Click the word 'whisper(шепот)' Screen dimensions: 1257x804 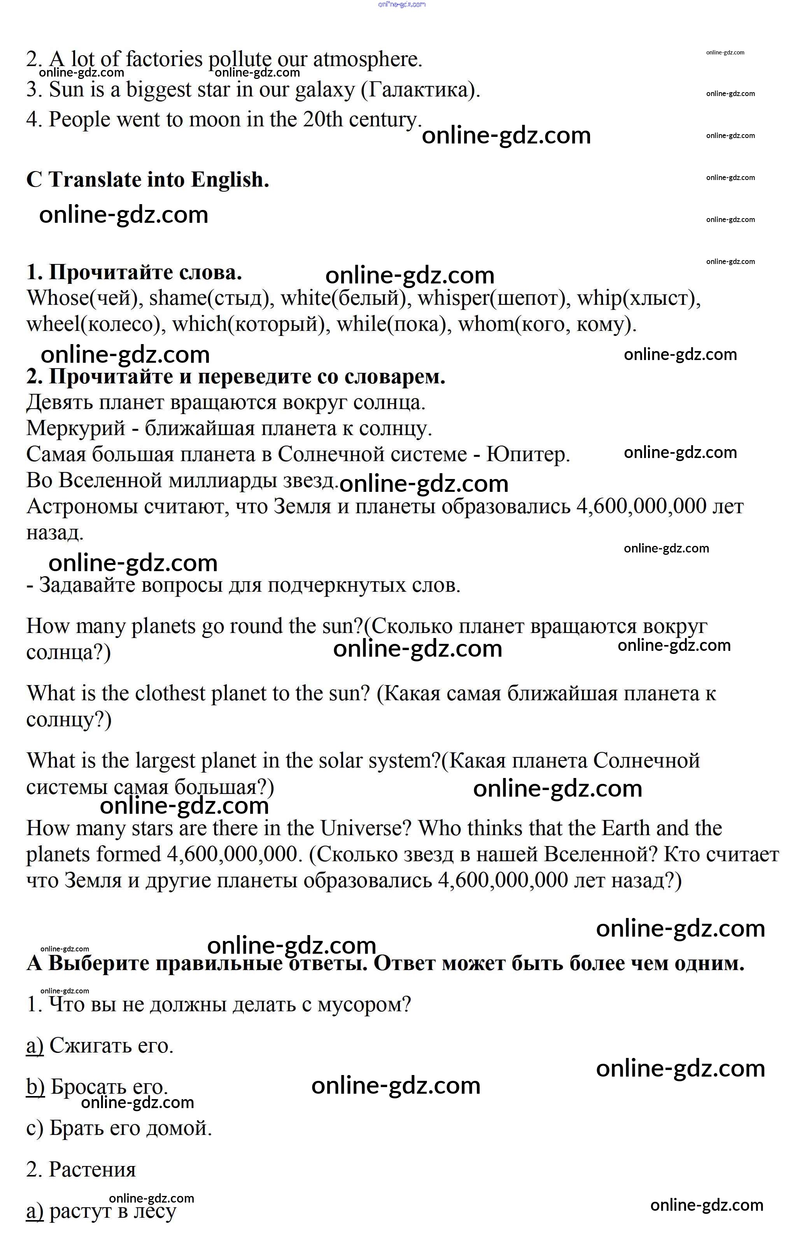pos(494,298)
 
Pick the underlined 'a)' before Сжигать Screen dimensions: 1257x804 pos(35,1045)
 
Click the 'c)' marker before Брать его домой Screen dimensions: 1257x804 pos(35,1129)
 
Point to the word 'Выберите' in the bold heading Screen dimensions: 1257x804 pos(99,963)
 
